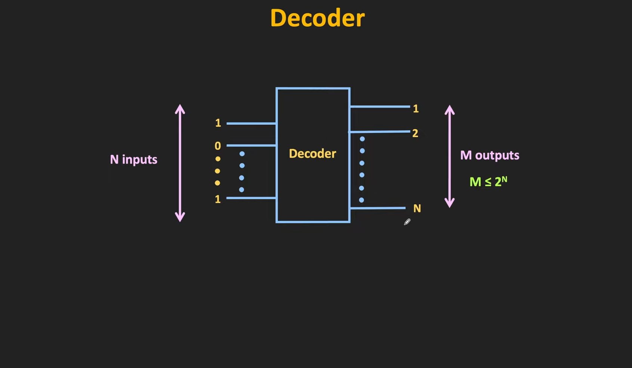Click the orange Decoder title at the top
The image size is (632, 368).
click(x=317, y=18)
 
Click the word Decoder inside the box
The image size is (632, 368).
click(x=312, y=154)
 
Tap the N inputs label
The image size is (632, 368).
click(x=133, y=160)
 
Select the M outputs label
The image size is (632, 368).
click(x=490, y=155)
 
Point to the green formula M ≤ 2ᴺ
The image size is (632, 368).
click(x=488, y=182)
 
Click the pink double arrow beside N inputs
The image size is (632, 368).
click(x=180, y=163)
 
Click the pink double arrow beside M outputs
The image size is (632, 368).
click(x=450, y=156)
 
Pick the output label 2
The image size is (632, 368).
click(x=415, y=133)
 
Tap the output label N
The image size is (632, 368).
click(x=417, y=208)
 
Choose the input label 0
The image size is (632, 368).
click(x=218, y=146)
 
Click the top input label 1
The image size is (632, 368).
click(x=218, y=123)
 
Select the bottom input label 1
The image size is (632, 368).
click(x=218, y=199)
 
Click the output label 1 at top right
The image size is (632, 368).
click(x=416, y=109)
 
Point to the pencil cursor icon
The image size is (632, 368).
click(x=407, y=222)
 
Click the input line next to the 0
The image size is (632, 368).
click(x=251, y=145)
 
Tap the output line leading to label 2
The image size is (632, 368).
click(x=380, y=132)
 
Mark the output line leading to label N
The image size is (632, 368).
click(x=377, y=208)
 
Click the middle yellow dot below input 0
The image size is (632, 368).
click(x=218, y=171)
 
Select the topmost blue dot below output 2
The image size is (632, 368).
click(x=362, y=139)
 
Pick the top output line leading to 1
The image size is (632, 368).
click(x=380, y=107)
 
